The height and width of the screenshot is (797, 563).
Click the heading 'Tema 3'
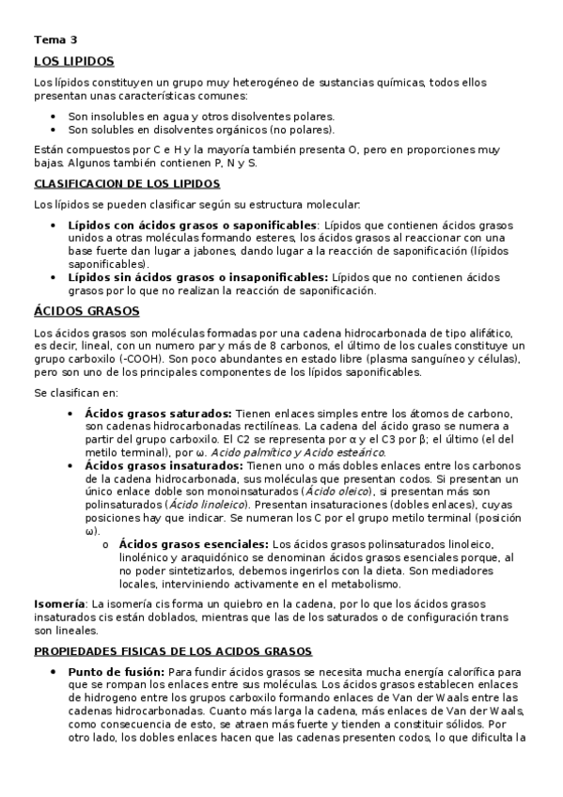pos(55,40)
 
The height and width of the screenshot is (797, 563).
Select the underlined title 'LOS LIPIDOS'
pos(73,61)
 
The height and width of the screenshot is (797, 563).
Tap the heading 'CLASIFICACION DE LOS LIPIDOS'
pos(127,184)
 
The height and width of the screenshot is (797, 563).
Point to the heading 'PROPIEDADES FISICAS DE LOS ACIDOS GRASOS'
pos(173,650)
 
